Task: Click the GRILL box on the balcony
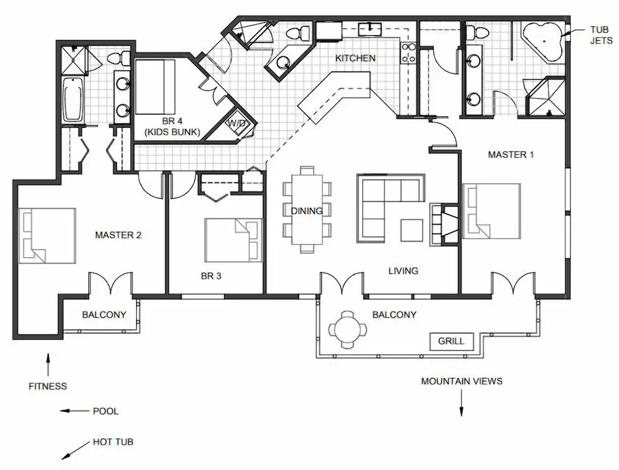[x=451, y=341]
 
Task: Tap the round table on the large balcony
[x=348, y=329]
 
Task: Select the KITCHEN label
[x=355, y=58]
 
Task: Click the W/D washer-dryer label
[x=236, y=124]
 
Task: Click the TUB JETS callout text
[x=601, y=35]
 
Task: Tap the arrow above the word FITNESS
[x=48, y=365]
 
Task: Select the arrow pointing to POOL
[x=75, y=411]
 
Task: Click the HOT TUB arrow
[x=76, y=450]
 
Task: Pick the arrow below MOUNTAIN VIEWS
[x=461, y=403]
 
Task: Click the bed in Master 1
[x=491, y=211]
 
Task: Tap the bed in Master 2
[x=48, y=236]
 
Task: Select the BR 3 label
[x=211, y=276]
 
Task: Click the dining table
[x=307, y=210]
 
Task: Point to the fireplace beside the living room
[x=444, y=224]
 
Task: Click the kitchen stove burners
[x=408, y=53]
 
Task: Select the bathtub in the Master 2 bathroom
[x=73, y=100]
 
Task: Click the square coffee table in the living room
[x=412, y=230]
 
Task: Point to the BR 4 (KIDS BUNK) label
[x=173, y=127]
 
